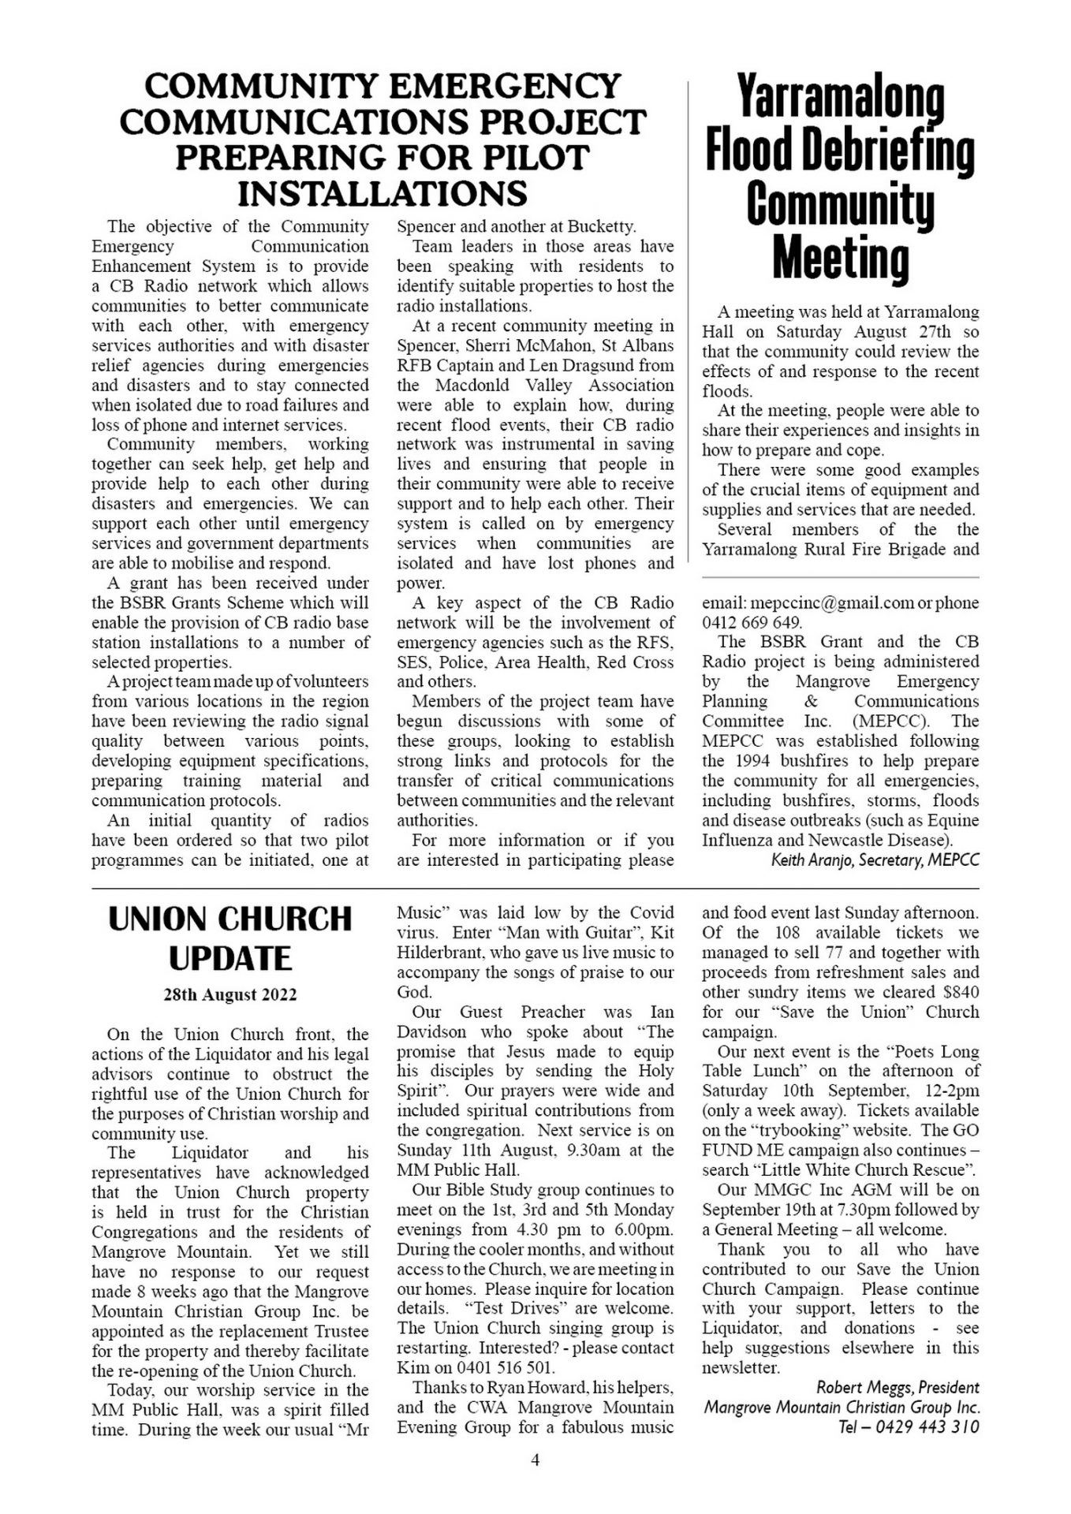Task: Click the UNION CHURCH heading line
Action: (229, 919)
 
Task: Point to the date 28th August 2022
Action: (229, 995)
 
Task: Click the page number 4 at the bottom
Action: (535, 1460)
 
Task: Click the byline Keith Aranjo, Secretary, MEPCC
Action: (875, 860)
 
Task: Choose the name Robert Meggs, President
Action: (897, 1387)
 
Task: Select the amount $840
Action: (958, 993)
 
